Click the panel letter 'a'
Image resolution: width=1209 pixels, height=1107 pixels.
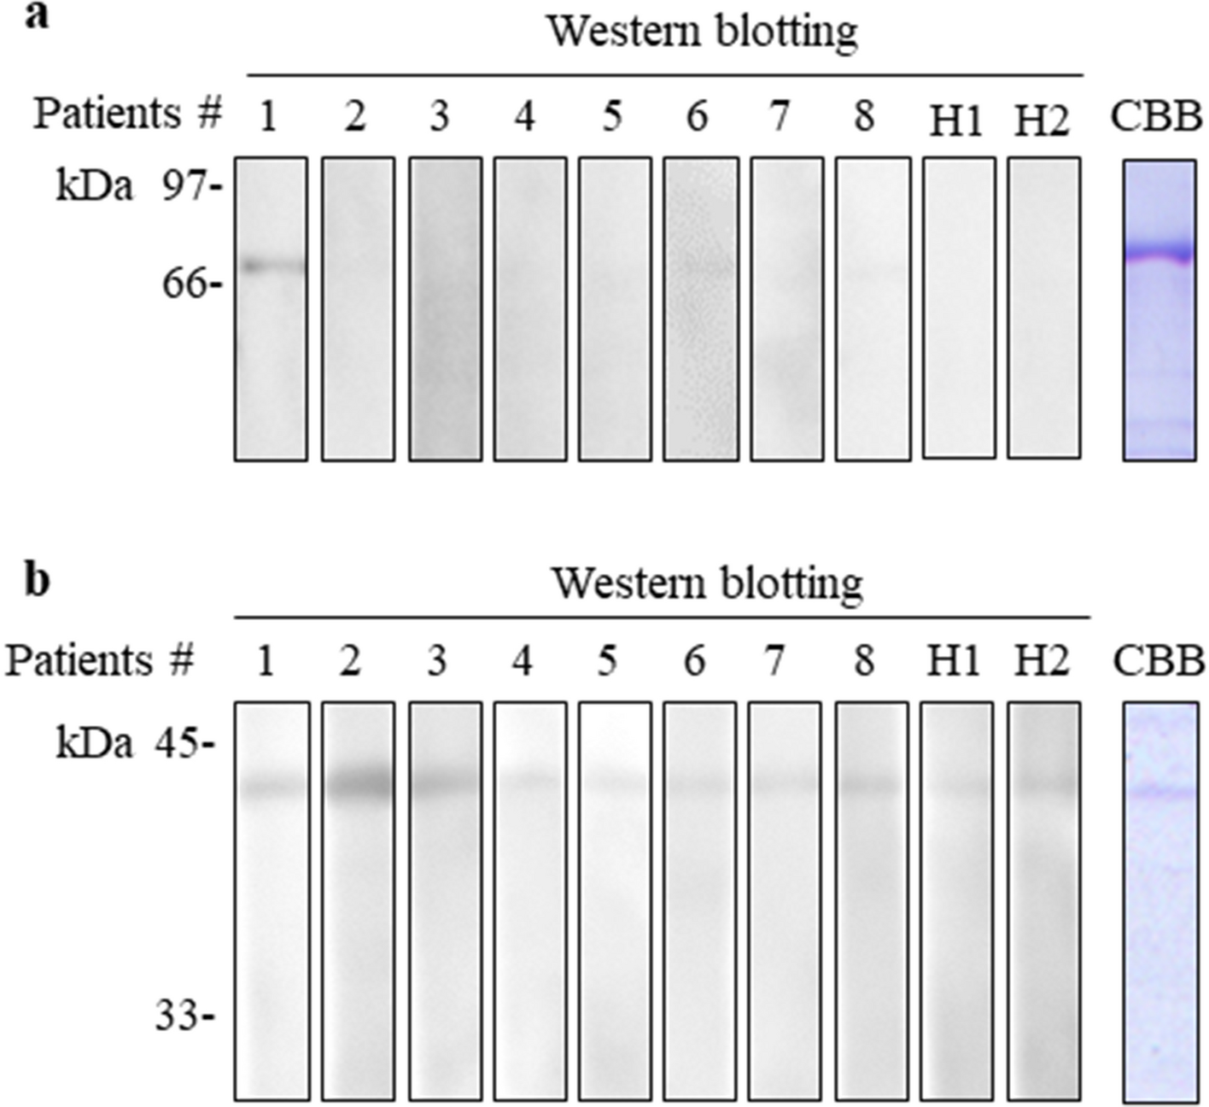(x=36, y=17)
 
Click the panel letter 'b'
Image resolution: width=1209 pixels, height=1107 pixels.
(x=37, y=580)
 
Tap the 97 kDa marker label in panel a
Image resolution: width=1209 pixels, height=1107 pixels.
(x=186, y=184)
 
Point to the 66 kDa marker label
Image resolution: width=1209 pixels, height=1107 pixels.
(x=186, y=284)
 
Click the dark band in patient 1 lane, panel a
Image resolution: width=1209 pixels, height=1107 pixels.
(x=271, y=266)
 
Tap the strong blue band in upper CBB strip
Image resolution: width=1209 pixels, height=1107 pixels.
(x=1159, y=254)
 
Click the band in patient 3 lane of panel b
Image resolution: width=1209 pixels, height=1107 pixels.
(x=444, y=783)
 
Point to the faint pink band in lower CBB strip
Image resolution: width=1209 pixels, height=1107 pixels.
(x=1159, y=792)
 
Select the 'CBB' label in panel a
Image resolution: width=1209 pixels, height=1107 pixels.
(x=1156, y=116)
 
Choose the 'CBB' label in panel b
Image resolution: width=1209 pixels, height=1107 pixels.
(x=1159, y=661)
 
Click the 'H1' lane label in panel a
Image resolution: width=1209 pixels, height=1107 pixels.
(x=956, y=121)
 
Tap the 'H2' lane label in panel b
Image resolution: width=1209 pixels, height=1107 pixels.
(x=1042, y=662)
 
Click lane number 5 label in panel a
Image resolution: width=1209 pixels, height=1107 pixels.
(x=612, y=116)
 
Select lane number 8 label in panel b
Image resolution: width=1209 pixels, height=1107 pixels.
(x=865, y=662)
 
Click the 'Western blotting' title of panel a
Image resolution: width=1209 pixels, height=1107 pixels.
(x=702, y=32)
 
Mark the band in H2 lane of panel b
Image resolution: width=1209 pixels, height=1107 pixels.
(x=1044, y=783)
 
